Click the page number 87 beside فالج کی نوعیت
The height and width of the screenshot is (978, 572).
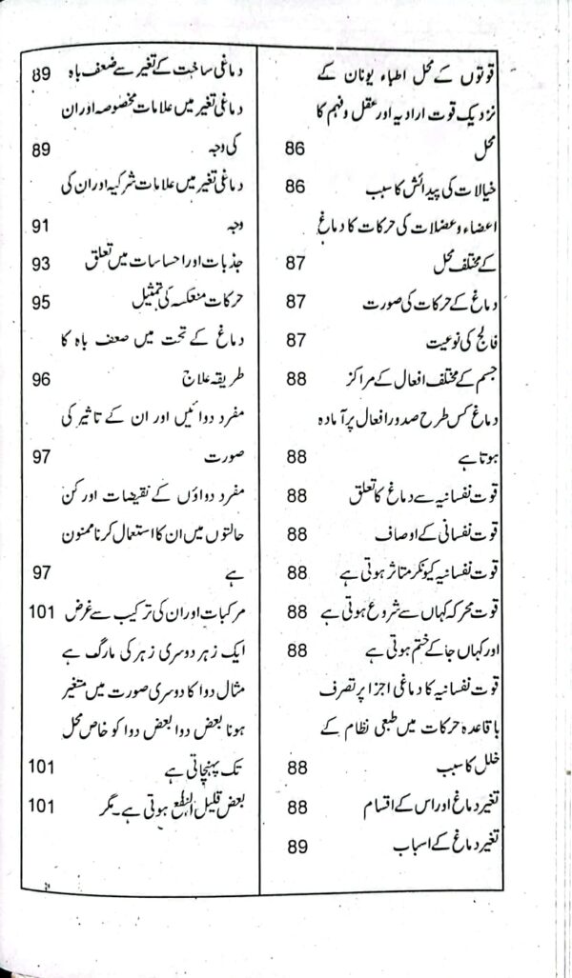coord(296,339)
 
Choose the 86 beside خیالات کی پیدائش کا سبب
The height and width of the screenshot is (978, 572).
coord(296,187)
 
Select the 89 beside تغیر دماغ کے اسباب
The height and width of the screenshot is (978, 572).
coord(296,845)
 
